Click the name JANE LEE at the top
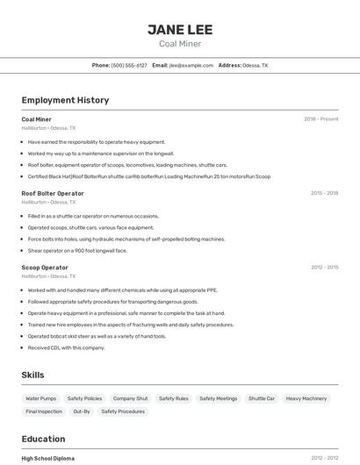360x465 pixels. [x=179, y=30]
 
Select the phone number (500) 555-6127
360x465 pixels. [x=129, y=65]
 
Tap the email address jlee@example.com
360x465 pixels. [x=191, y=65]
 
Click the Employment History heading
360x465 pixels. [x=65, y=100]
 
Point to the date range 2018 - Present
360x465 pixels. [x=320, y=119]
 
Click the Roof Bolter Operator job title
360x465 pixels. [x=53, y=193]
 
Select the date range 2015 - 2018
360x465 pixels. [x=324, y=193]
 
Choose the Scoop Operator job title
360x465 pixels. [x=45, y=268]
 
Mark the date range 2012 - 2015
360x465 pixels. [x=324, y=268]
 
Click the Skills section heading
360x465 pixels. [x=32, y=375]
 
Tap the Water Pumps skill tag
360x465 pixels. [x=41, y=398]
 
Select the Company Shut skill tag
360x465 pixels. [x=130, y=398]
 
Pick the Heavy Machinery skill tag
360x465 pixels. [x=306, y=398]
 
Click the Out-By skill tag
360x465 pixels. [x=82, y=411]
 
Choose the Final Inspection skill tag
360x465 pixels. [x=44, y=411]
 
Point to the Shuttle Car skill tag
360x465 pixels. [x=262, y=398]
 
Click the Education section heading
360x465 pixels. [x=43, y=439]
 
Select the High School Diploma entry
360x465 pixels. [x=48, y=458]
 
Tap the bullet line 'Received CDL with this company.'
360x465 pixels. [x=66, y=347]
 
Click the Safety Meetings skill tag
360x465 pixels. [x=219, y=398]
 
